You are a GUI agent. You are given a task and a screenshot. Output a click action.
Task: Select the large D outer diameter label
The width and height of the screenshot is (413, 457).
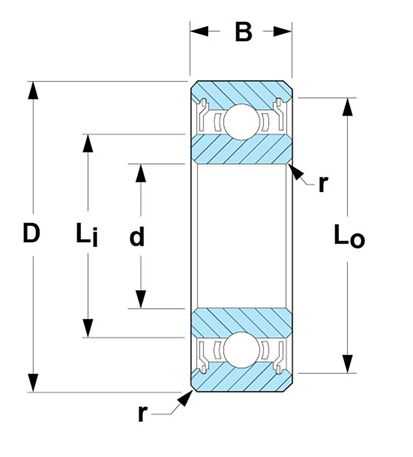pos(31,233)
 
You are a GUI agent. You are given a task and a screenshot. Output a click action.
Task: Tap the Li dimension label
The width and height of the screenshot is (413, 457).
pos(86,234)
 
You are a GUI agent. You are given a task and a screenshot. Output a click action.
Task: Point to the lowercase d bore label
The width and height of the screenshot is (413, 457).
pos(137,237)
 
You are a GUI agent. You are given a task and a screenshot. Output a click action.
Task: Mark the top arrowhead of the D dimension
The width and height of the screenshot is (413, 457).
pos(33,90)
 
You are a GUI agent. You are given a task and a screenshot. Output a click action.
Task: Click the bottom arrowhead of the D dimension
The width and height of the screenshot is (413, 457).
pos(33,383)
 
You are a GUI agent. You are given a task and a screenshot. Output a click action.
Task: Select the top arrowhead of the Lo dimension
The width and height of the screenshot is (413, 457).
pos(347,106)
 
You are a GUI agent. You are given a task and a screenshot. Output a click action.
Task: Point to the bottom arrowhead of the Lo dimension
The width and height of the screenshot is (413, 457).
pos(347,364)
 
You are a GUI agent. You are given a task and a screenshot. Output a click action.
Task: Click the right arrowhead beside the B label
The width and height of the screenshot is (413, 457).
pos(283,31)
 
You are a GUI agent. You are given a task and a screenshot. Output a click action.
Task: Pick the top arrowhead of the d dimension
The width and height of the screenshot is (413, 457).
pos(141,173)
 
